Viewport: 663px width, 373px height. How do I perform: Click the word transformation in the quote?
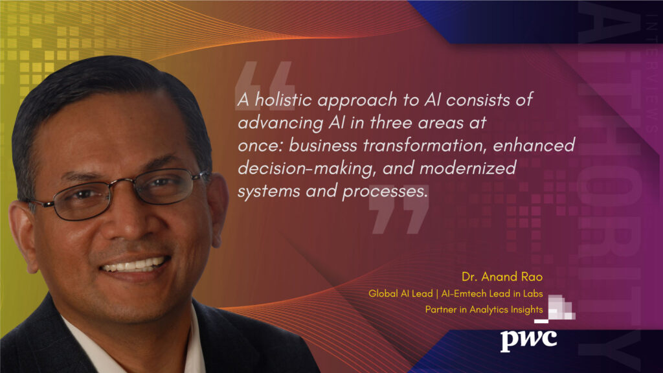coord(420,146)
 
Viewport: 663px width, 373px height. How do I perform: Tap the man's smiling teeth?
coord(132,264)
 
